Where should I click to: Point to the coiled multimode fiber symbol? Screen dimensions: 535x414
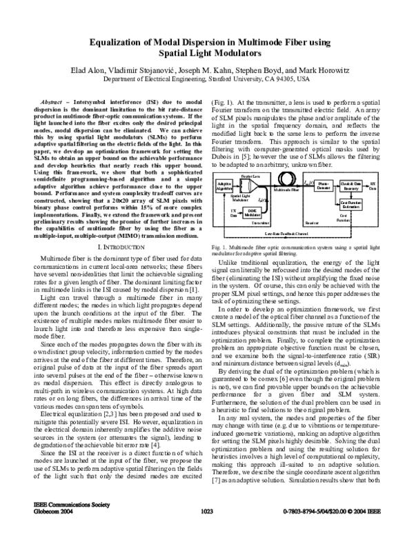point(287,180)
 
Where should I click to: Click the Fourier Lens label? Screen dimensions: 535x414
point(248,176)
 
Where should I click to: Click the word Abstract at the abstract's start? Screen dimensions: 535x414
point(44,101)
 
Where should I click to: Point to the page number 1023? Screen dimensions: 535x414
point(206,529)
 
